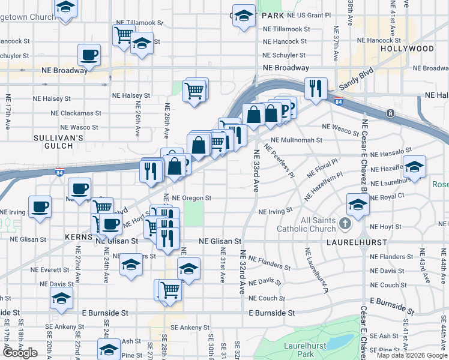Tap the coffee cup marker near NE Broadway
tap(89, 55)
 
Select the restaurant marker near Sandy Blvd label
tap(315, 89)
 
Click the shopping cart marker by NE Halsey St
tap(194, 91)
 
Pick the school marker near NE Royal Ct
tap(358, 205)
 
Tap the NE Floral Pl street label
tap(322, 167)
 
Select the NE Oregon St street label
tap(191, 197)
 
